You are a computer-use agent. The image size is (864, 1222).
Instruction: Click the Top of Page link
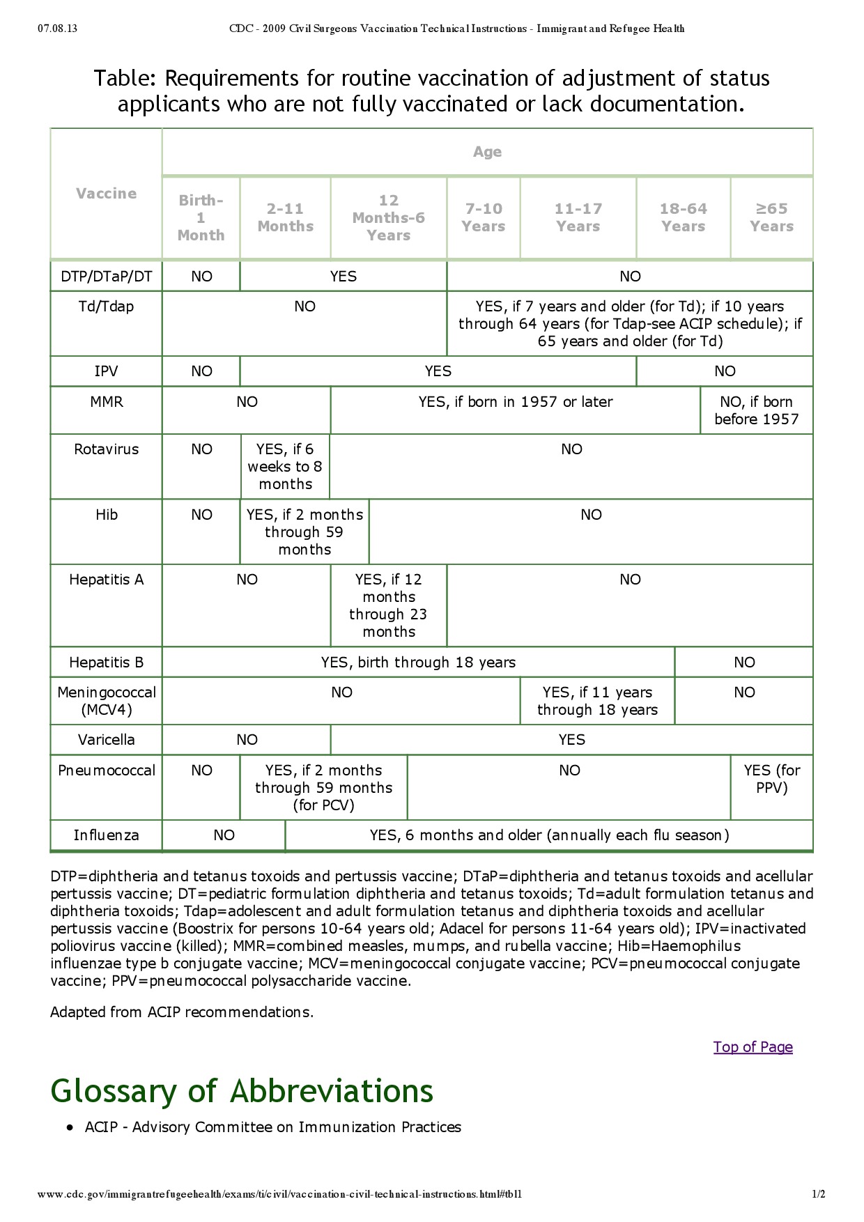[753, 1047]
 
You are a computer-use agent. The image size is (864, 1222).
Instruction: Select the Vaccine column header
[106, 194]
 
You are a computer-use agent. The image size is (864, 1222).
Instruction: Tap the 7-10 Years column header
[484, 217]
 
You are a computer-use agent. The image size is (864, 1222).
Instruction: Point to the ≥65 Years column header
[771, 217]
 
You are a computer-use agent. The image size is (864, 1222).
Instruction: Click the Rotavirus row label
[106, 449]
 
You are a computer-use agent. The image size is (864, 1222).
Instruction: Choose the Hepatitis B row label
[106, 663]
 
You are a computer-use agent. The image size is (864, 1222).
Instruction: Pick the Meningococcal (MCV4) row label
[106, 701]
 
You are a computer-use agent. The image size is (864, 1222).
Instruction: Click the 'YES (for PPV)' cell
[771, 779]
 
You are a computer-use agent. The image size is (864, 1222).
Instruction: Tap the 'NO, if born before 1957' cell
[756, 410]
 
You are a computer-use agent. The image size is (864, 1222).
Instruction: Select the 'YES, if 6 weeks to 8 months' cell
[285, 467]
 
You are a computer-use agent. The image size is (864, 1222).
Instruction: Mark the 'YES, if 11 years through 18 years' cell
[597, 701]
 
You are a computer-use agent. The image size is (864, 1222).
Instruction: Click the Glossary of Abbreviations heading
[242, 1091]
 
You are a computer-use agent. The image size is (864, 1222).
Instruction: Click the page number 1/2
[818, 1194]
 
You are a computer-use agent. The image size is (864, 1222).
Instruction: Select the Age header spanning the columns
[487, 152]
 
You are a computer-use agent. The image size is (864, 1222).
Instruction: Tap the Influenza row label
[106, 835]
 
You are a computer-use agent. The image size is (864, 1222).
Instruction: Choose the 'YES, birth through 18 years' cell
[418, 663]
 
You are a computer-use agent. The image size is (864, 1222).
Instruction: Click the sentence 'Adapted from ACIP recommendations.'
[182, 1012]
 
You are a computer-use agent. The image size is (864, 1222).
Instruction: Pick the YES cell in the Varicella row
[571, 740]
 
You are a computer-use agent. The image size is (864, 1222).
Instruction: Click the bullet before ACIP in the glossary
[70, 1127]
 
